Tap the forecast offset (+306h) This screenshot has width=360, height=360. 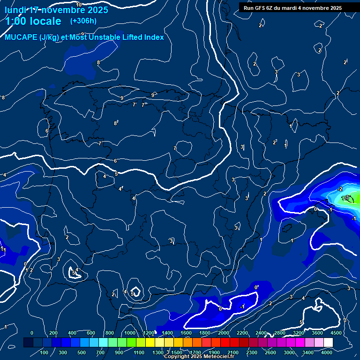tap(83, 21)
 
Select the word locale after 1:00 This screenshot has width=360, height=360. tap(45, 21)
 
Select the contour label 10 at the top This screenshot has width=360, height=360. tap(79, 5)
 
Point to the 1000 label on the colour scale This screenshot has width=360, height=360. tap(129, 333)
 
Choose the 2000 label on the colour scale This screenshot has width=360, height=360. tap(224, 333)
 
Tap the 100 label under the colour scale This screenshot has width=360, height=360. tap(45, 352)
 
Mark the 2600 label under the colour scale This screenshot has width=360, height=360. tap(270, 352)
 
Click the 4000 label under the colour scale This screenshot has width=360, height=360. tap(327, 352)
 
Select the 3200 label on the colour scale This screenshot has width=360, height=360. tap(299, 333)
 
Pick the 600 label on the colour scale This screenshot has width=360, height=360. tap(91, 333)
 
